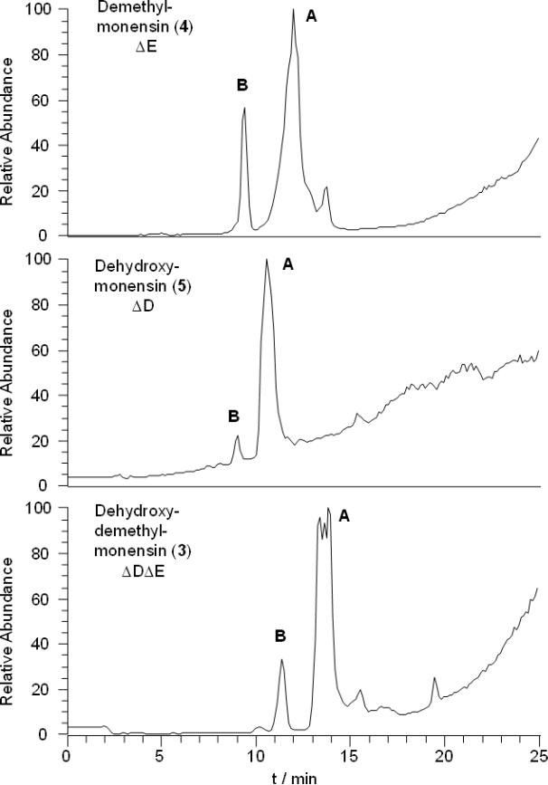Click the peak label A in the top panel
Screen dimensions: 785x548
tap(312, 15)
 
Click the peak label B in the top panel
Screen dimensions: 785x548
tap(241, 85)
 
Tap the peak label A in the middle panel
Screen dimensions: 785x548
tap(288, 264)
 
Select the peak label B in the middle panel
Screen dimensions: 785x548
tap(233, 416)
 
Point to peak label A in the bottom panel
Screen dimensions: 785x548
tap(344, 515)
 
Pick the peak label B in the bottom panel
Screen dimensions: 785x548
tap(280, 636)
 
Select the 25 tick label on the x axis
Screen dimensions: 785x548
tap(538, 753)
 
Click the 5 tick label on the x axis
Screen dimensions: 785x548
tap(161, 753)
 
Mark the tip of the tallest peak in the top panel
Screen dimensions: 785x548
tap(294, 10)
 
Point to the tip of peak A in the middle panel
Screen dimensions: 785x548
tap(267, 260)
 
